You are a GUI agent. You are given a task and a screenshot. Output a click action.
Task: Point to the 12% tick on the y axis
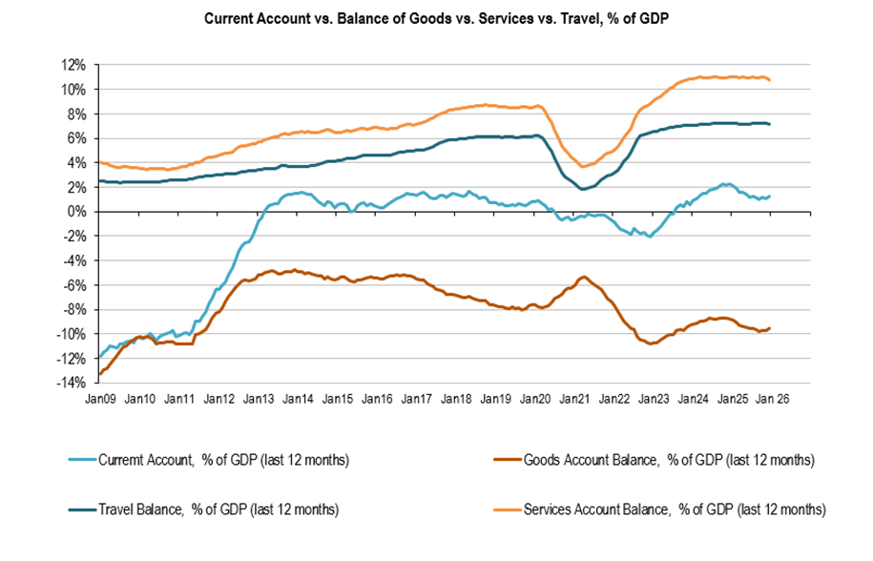[73, 65]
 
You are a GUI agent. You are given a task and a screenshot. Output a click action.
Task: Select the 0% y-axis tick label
[77, 212]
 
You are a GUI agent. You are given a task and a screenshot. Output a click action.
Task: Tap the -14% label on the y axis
[70, 383]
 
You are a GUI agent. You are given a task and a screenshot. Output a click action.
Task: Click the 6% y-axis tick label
[77, 138]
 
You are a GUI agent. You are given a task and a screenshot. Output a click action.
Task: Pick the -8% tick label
[73, 309]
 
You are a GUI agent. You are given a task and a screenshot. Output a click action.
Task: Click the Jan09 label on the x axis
[100, 397]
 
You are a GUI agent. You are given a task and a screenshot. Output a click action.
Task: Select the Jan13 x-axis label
[260, 397]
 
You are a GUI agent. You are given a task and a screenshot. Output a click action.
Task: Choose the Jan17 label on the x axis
[418, 397]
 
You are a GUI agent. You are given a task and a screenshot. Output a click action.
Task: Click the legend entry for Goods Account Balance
[668, 460]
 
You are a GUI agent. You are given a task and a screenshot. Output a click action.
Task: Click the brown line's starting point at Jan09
[98, 374]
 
